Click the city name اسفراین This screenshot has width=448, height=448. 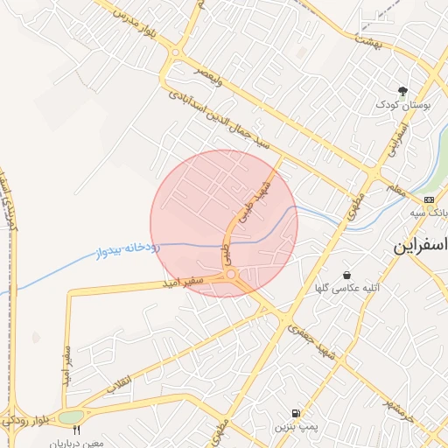pos(421,247)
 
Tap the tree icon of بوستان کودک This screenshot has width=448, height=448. pos(403,91)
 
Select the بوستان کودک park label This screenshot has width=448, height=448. pos(399,105)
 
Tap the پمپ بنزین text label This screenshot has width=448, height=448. pos(293,427)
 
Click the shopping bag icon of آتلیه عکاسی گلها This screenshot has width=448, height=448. pos(347,274)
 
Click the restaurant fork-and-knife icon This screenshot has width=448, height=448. pos(76,430)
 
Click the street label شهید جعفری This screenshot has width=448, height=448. pos(305,334)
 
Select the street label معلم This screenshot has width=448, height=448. pos(394,187)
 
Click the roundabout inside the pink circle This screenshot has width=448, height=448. pos(231,276)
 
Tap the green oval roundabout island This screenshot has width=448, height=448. pos(72,416)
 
